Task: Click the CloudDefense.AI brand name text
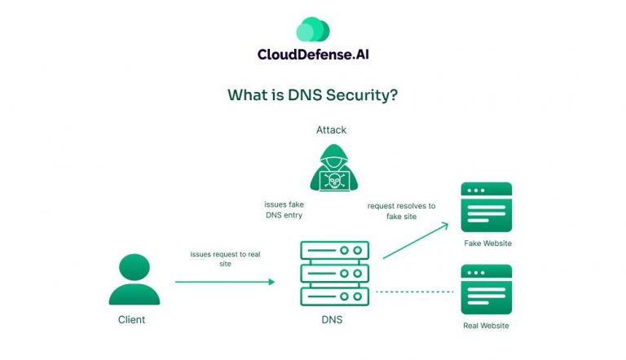[x=312, y=56]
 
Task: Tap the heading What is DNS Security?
[x=312, y=94]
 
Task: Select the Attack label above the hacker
[x=331, y=130]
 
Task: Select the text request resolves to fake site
[x=401, y=211]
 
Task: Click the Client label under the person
[x=131, y=320]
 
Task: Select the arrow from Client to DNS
[x=225, y=282]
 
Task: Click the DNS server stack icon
[x=335, y=273]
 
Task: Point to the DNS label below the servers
[x=332, y=320]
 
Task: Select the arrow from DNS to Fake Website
[x=415, y=241]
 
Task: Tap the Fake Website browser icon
[x=486, y=206]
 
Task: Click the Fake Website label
[x=487, y=244]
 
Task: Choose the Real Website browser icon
[x=486, y=289]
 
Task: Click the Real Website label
[x=486, y=326]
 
